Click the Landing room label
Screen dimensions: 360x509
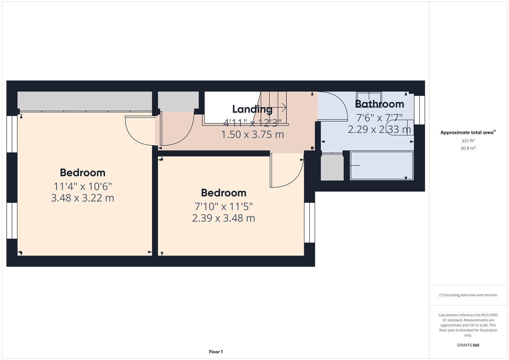point(252,109)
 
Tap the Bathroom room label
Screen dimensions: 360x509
point(379,104)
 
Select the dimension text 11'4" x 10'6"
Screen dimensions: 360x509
point(82,186)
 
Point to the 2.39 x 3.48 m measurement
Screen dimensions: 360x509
point(223,218)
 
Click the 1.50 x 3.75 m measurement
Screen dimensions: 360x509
point(252,134)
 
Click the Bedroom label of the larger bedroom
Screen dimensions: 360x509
point(82,172)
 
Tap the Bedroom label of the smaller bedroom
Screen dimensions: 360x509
point(223,193)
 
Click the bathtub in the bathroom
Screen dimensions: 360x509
point(381,166)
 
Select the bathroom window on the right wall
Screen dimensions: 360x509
point(419,110)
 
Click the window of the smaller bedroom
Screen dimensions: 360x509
point(309,222)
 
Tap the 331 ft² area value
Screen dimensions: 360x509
point(468,141)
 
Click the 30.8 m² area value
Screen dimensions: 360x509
point(468,148)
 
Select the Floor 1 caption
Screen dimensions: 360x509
point(216,352)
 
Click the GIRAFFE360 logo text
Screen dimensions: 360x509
point(468,345)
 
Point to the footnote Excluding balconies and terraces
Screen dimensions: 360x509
point(468,295)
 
